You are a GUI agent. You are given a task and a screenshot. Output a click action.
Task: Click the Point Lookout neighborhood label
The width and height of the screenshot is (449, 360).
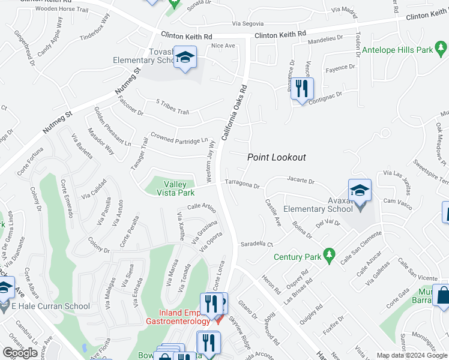pos(277,157)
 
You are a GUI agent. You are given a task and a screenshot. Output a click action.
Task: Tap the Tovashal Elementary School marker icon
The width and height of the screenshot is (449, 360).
pos(185,58)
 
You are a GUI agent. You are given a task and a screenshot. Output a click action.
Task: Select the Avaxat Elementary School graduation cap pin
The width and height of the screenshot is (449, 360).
pos(360,191)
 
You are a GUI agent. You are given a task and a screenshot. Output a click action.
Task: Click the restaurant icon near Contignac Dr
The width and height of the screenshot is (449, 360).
pos(302,89)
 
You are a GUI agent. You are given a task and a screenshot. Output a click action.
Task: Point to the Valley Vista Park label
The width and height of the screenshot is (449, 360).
pos(175,189)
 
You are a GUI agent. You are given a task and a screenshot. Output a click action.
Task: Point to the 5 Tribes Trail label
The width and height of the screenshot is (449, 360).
pos(172,107)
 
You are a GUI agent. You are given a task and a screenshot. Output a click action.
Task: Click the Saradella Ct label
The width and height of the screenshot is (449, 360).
pos(257,244)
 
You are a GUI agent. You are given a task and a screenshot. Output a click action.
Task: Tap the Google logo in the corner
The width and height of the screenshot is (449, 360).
pos(20,353)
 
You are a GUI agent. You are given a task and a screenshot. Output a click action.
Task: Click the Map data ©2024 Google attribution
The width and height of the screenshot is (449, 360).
pos(411,355)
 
